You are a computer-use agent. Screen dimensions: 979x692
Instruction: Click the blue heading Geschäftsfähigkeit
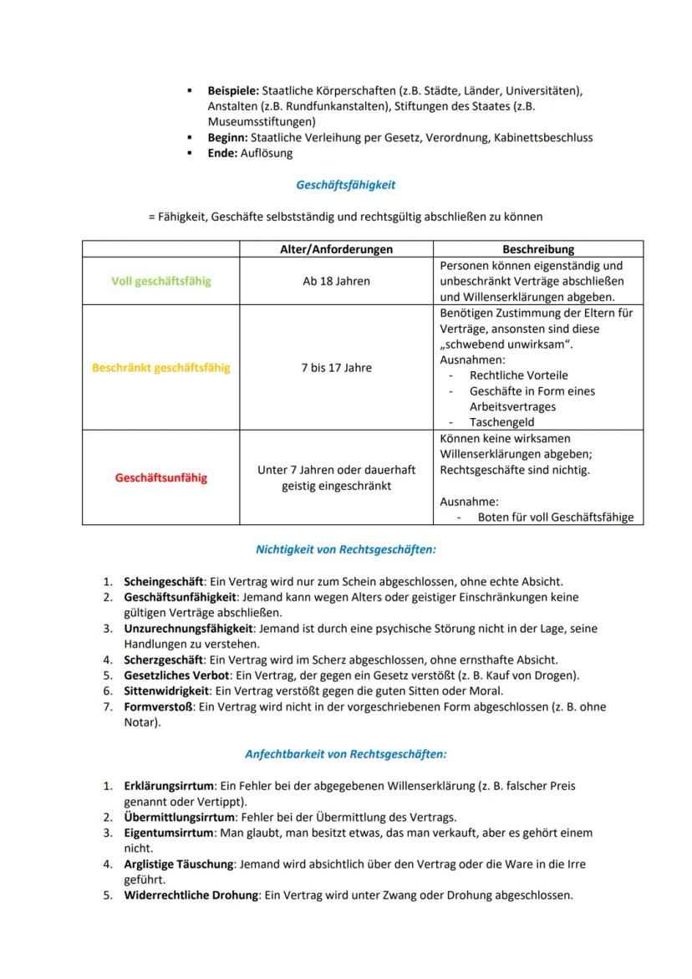click(345, 185)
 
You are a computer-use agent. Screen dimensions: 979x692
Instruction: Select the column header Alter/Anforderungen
click(336, 249)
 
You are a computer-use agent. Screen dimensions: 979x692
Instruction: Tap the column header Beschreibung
click(538, 249)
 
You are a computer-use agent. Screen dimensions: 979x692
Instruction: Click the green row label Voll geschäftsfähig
click(161, 281)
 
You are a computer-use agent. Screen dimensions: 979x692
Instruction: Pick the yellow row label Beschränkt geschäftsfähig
click(161, 368)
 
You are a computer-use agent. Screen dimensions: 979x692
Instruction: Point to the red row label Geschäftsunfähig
click(161, 478)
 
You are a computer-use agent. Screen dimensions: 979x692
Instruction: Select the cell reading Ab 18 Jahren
click(336, 281)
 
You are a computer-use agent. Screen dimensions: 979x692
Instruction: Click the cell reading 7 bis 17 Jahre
click(336, 368)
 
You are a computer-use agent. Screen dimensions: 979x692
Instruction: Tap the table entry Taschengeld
click(501, 422)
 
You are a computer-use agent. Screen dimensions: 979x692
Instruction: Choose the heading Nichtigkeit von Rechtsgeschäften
click(345, 550)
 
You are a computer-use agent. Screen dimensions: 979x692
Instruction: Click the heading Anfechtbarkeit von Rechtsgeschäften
click(345, 754)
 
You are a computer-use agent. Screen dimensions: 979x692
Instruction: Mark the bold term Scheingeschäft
click(163, 582)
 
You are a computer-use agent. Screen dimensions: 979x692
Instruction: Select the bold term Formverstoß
click(158, 706)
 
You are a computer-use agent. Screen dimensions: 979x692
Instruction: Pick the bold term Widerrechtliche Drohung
click(191, 895)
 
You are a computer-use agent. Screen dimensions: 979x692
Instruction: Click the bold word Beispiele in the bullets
click(233, 90)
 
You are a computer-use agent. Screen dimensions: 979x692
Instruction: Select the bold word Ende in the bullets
click(222, 153)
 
